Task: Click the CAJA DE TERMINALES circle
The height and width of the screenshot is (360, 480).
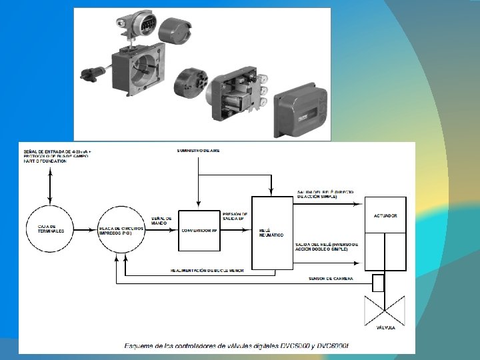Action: point(50,229)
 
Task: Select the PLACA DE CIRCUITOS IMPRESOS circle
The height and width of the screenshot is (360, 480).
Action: point(123,229)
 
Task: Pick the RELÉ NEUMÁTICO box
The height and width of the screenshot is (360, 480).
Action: point(271,233)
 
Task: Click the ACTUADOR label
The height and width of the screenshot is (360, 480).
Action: point(385,216)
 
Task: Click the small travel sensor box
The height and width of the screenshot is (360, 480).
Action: point(378,283)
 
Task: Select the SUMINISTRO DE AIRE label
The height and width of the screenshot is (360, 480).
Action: point(198,151)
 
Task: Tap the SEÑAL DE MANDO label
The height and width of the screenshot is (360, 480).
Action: point(162,220)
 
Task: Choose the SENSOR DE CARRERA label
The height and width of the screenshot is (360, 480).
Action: point(331,278)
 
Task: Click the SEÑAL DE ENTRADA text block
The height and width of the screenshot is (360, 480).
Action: point(56,157)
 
